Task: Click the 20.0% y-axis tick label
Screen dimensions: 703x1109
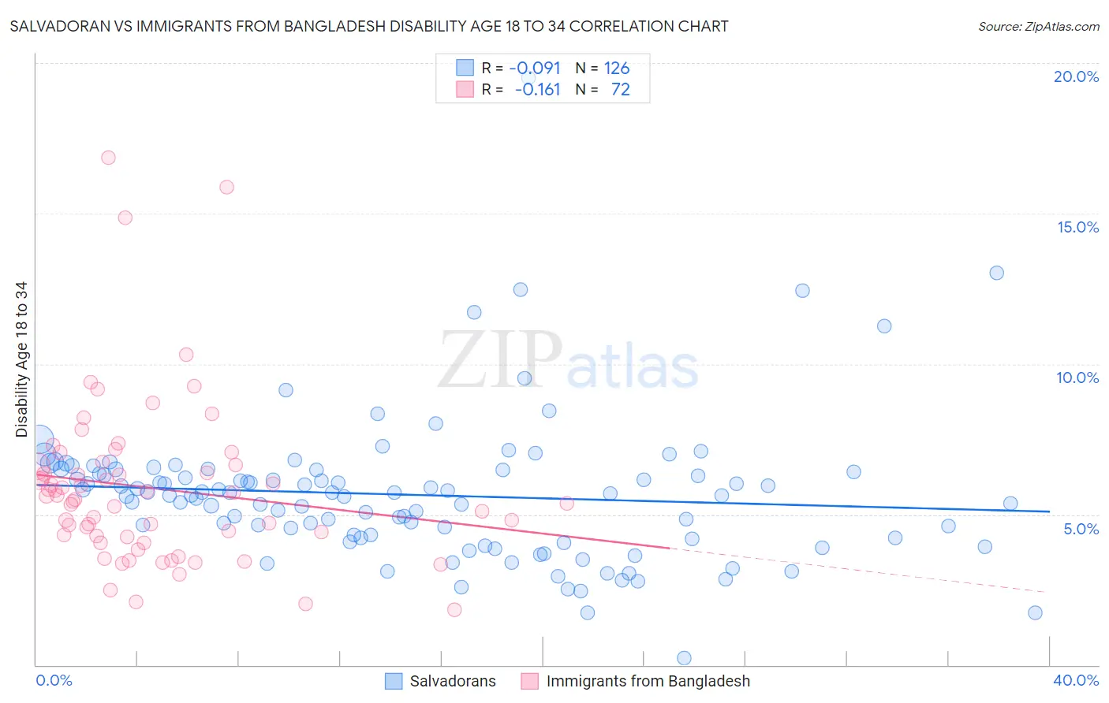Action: tap(1076, 76)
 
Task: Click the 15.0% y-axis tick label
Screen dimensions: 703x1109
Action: tap(1077, 227)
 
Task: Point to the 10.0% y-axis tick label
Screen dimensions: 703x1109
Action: tap(1077, 378)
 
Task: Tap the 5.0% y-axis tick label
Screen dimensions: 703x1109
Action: tap(1081, 529)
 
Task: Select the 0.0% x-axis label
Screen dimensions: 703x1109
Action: tap(54, 680)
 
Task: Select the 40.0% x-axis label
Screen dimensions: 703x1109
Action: tap(1076, 680)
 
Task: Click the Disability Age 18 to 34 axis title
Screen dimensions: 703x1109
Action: tap(21, 359)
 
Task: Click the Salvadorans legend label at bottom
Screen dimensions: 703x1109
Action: tap(453, 681)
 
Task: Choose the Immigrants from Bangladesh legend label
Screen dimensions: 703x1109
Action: tap(648, 681)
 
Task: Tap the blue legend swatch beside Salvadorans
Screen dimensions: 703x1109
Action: tap(394, 681)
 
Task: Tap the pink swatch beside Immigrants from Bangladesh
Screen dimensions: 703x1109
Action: tap(529, 681)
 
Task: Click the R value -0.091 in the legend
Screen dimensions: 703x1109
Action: tap(535, 68)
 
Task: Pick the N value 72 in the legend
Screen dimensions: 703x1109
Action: tap(621, 90)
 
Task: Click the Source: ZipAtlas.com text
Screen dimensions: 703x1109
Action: tap(1038, 26)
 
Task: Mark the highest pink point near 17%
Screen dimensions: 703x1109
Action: tap(108, 158)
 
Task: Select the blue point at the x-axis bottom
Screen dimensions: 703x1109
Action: tap(684, 658)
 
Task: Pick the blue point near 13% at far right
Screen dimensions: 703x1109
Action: tap(996, 273)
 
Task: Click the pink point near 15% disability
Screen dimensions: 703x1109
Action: tap(125, 218)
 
